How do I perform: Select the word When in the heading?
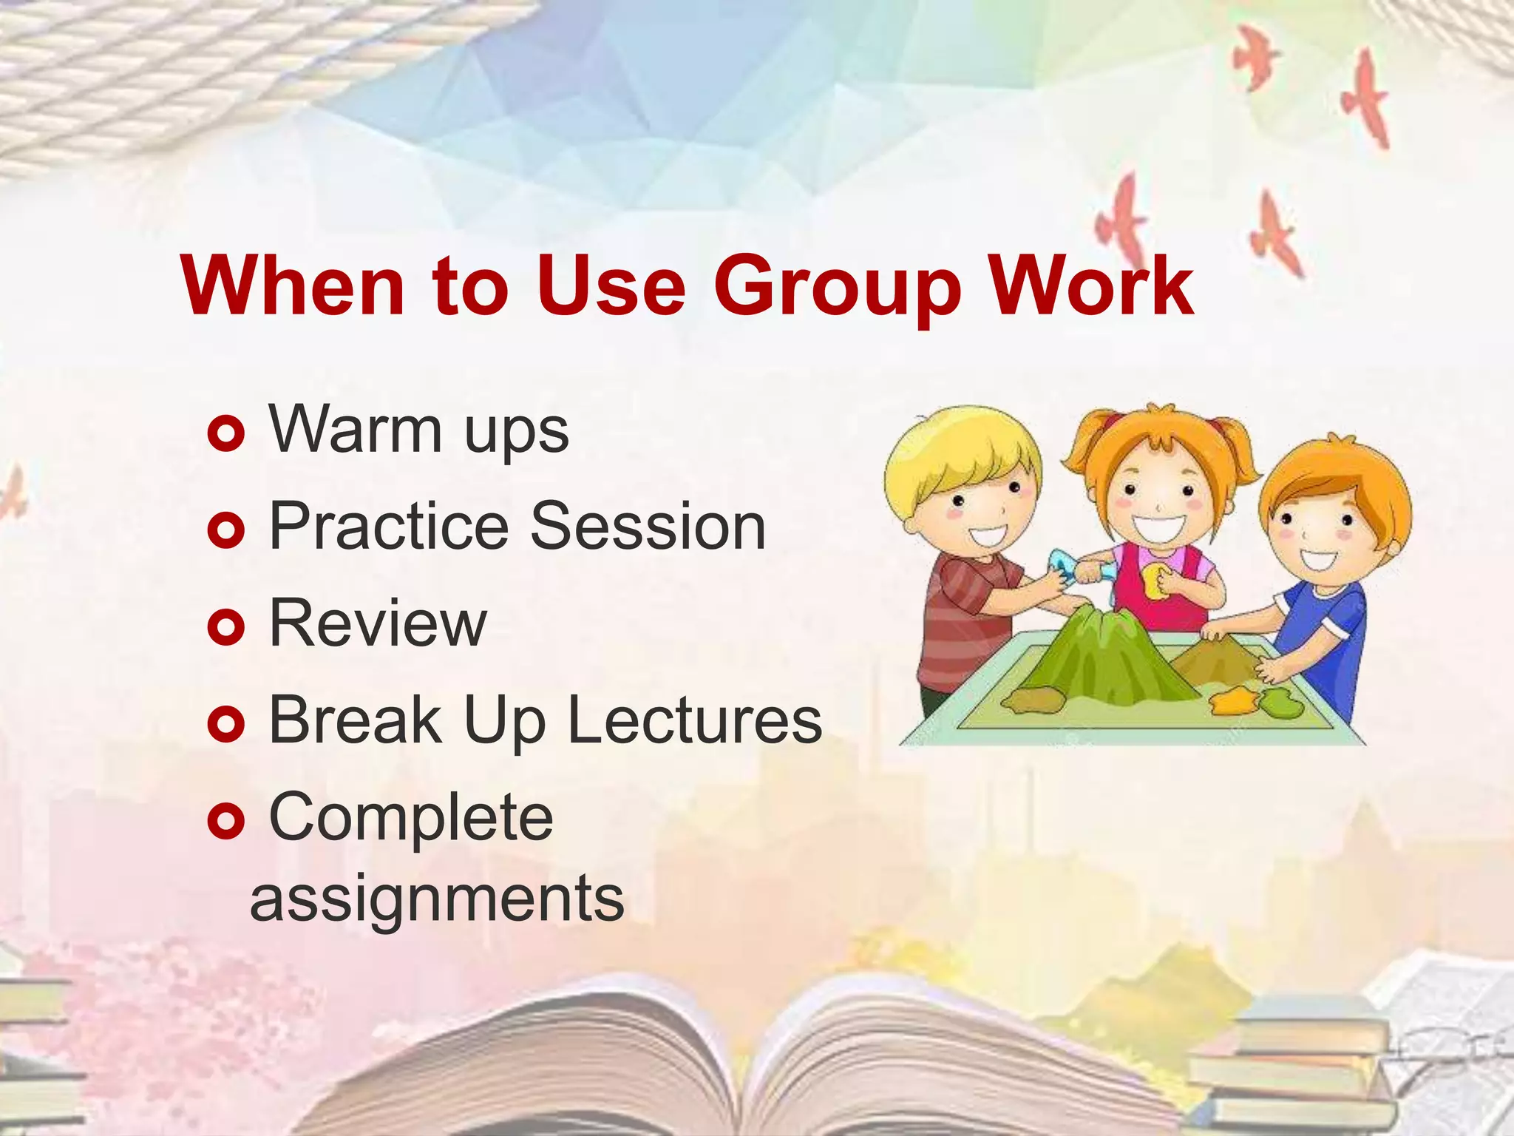(x=293, y=287)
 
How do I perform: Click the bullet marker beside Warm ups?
(x=226, y=433)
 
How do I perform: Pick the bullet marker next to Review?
(x=226, y=627)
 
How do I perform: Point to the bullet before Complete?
(x=226, y=821)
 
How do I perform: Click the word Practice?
(x=389, y=527)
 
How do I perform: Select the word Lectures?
(x=694, y=720)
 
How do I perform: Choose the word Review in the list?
(x=378, y=624)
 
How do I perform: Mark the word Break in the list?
(x=356, y=720)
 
